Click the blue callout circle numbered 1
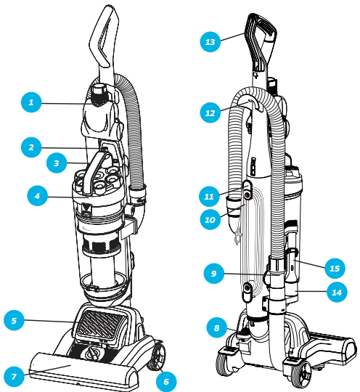[x=31, y=102]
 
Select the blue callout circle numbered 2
[x=31, y=147]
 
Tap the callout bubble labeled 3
[x=57, y=163]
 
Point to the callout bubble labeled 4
[x=38, y=196]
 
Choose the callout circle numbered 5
[x=15, y=320]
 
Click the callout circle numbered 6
[x=166, y=382]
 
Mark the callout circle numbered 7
[x=15, y=377]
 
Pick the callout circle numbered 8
[x=217, y=327]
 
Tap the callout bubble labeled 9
[x=214, y=273]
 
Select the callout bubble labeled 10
[x=210, y=219]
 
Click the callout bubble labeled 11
[x=209, y=197]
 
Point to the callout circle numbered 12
[x=210, y=113]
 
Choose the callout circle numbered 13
[x=210, y=42]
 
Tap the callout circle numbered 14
[x=337, y=293]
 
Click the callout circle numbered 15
[x=335, y=269]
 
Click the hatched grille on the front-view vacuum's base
[x=101, y=324]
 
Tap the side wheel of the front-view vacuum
[x=157, y=357]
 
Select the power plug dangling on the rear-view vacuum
[x=237, y=237]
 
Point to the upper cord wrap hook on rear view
[x=247, y=189]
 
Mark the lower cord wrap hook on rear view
[x=247, y=292]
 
